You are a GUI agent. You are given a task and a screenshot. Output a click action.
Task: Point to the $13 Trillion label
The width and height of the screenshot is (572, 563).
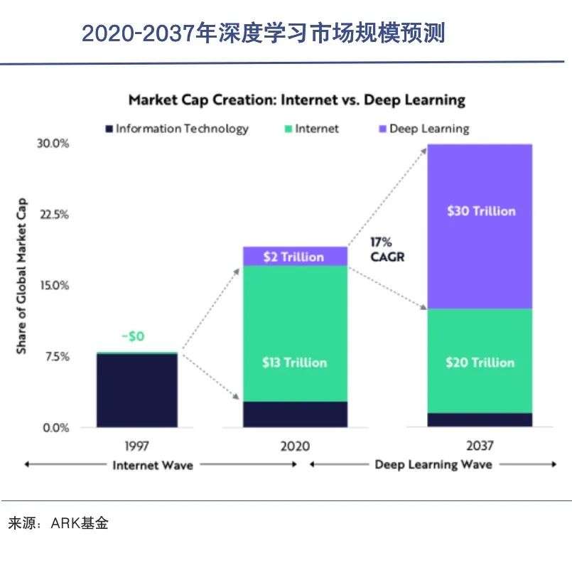294,363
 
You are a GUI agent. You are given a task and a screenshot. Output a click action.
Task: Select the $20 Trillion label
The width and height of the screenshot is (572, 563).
480,363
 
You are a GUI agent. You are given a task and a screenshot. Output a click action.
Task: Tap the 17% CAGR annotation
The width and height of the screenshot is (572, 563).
387,250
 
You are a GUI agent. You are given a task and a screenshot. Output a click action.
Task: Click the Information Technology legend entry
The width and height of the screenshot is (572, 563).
178,129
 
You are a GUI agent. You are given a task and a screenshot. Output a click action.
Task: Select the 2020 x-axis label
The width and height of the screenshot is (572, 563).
295,446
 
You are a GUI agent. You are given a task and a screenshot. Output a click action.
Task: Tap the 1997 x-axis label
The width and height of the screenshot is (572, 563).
137,446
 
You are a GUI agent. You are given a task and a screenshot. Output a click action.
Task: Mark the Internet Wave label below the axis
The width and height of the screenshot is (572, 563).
152,465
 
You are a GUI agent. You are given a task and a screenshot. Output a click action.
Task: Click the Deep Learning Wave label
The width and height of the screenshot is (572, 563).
433,465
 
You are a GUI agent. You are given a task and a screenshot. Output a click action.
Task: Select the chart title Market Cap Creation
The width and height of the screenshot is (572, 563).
296,100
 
